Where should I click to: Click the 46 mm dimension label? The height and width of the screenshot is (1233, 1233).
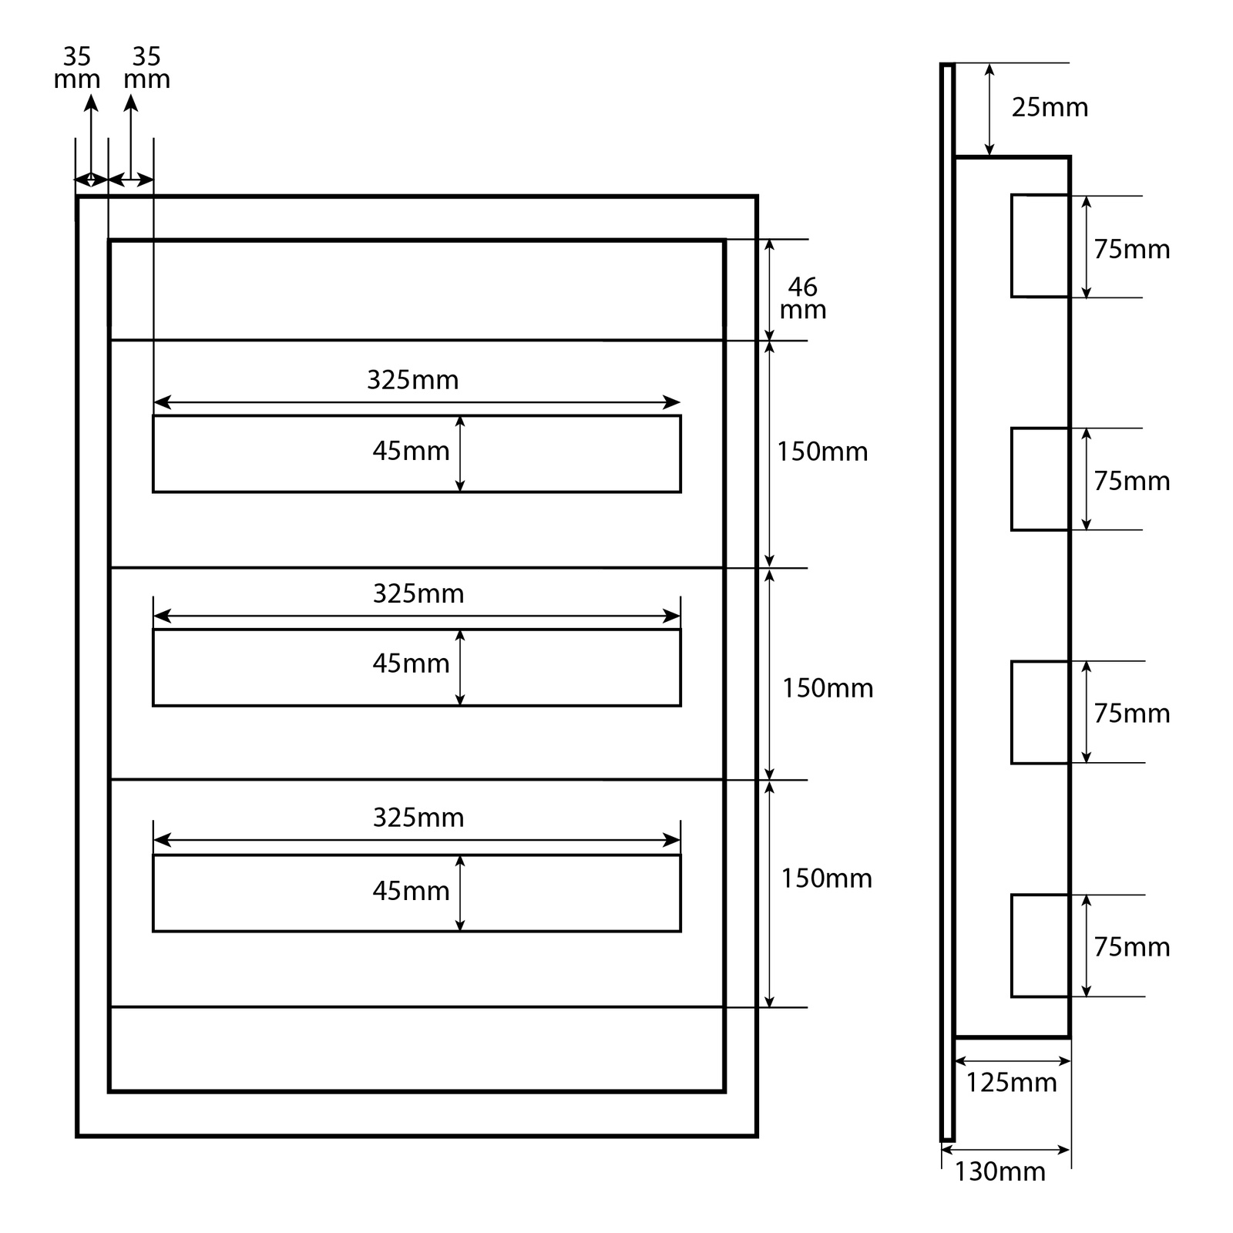pos(803,298)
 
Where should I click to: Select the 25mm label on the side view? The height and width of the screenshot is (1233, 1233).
pos(1050,108)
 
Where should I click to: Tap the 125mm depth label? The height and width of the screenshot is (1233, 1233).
pos(1011,1083)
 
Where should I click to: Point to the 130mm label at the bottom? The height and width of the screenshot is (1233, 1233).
pos(1000,1171)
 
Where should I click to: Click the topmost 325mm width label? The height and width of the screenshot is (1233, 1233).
pos(412,380)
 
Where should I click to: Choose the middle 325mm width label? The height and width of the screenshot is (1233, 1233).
pos(418,593)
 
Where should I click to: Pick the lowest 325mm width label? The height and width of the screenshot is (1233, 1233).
pos(418,817)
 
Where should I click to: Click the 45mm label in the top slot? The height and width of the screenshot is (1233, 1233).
pos(411,451)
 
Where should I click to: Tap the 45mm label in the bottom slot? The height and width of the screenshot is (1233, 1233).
pos(411,891)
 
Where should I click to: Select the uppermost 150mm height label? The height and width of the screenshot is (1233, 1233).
pos(821,452)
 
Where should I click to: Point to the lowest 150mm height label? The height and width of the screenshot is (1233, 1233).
pos(826,879)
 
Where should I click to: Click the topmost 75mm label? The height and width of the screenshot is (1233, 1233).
pos(1131,250)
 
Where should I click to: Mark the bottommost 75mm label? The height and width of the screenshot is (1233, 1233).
pos(1131,946)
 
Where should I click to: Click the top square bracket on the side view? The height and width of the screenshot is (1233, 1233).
pos(1040,246)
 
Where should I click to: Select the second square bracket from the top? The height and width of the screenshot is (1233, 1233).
pos(1040,479)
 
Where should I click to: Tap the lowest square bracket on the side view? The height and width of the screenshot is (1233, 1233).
pos(1040,946)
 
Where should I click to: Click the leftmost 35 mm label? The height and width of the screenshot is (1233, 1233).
pos(76,68)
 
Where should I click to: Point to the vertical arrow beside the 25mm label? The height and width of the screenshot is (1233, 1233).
pos(989,109)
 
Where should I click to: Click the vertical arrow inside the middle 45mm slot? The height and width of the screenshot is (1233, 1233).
pos(460,667)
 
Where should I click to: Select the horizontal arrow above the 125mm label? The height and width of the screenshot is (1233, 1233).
pos(1012,1061)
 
